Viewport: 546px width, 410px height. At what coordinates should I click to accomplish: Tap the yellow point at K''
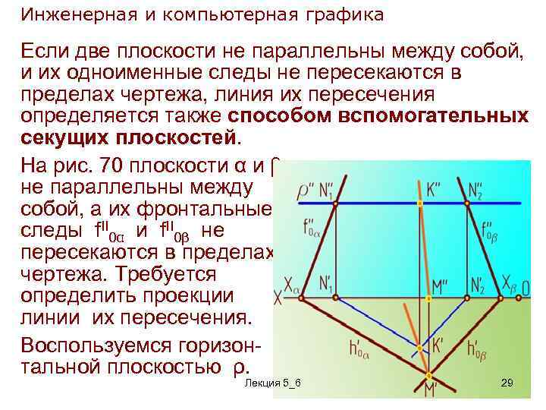coord(421,203)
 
